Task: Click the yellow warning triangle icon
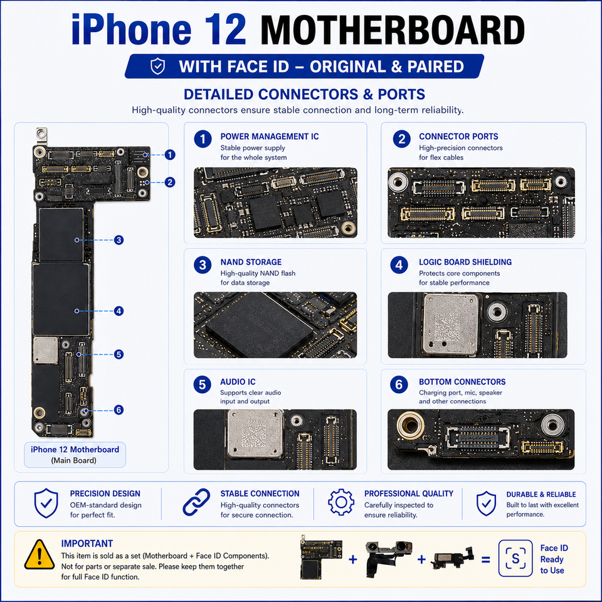pyautogui.click(x=39, y=555)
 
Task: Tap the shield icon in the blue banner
pyautogui.click(x=157, y=66)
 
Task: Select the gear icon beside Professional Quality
pyautogui.click(x=341, y=502)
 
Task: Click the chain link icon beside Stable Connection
pyautogui.click(x=196, y=502)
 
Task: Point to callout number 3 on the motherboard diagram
pyautogui.click(x=119, y=240)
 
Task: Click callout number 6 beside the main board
pyautogui.click(x=119, y=410)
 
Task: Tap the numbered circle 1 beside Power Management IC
pyautogui.click(x=203, y=139)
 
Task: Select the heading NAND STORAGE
pyautogui.click(x=251, y=262)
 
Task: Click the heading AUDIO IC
pyautogui.click(x=238, y=382)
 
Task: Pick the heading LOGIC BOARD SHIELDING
pyautogui.click(x=465, y=262)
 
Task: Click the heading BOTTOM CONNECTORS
pyautogui.click(x=462, y=382)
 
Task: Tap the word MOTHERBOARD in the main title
pyautogui.click(x=393, y=30)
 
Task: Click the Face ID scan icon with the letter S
pyautogui.click(x=515, y=559)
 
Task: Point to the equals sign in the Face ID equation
pyautogui.click(x=485, y=560)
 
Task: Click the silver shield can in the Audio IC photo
pyautogui.click(x=256, y=434)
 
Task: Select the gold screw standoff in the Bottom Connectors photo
pyautogui.click(x=410, y=425)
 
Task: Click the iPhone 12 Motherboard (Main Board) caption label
pyautogui.click(x=75, y=455)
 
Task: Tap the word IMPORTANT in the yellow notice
pyautogui.click(x=87, y=544)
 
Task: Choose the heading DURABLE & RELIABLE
pyautogui.click(x=541, y=495)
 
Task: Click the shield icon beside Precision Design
pyautogui.click(x=46, y=503)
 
